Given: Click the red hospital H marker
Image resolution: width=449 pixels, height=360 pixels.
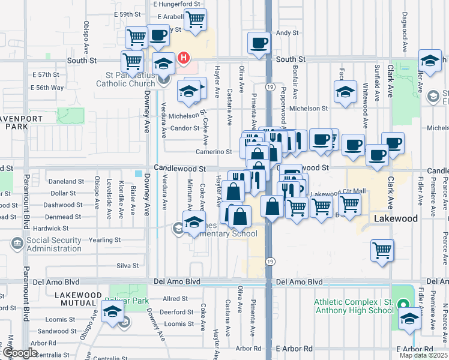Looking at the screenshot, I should (184, 58).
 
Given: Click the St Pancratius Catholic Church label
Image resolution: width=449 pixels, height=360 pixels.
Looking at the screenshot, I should (125, 79).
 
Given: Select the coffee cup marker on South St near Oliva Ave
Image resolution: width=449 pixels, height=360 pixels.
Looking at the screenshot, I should (259, 43).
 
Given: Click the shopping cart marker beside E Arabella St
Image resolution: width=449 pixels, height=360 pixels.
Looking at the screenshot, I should (195, 20).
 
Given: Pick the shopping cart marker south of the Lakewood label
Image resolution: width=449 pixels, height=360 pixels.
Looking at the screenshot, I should (382, 250).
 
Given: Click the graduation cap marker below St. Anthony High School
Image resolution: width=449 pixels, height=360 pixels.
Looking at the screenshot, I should (411, 317).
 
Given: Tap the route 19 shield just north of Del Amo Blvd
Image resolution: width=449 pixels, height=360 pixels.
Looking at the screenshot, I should (270, 262).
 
